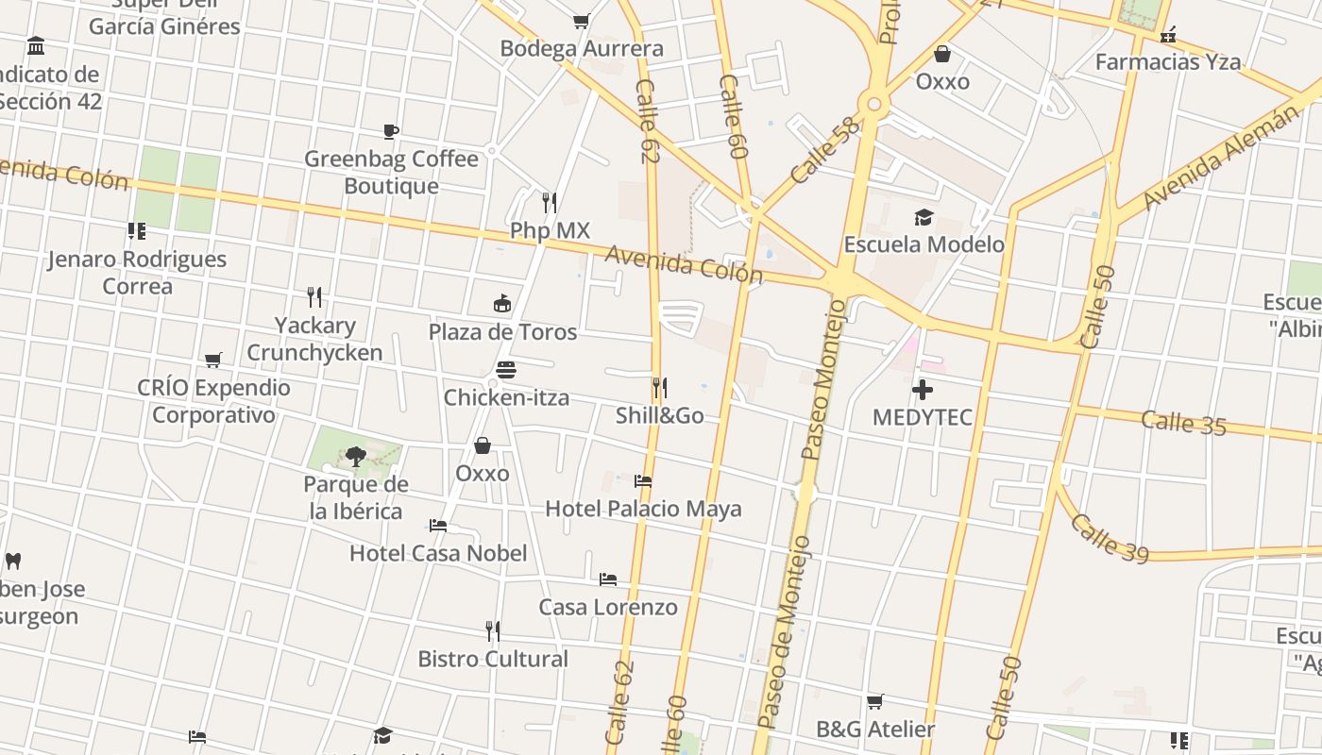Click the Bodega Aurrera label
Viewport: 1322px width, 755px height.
click(x=582, y=48)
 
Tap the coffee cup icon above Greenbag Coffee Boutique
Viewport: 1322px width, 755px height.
click(x=391, y=131)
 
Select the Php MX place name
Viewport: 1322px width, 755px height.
click(x=550, y=231)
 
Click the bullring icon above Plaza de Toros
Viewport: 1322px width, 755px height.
click(x=502, y=304)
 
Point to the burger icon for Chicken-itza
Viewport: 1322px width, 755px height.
click(x=506, y=370)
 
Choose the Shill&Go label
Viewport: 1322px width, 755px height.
click(x=659, y=415)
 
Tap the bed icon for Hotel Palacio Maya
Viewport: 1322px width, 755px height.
click(x=643, y=481)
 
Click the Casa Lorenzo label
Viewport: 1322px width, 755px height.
click(x=608, y=607)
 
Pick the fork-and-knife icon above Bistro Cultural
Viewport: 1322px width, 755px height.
click(x=493, y=630)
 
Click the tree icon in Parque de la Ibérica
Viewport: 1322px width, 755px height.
click(x=355, y=457)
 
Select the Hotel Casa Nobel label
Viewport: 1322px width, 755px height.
click(x=438, y=553)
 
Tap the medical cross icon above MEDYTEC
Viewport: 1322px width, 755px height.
click(x=923, y=389)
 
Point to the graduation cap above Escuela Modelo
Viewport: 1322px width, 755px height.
click(x=924, y=217)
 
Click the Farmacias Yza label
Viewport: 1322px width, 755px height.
click(x=1168, y=62)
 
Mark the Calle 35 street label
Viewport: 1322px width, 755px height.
click(x=1183, y=423)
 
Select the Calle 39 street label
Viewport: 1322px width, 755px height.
click(x=1110, y=539)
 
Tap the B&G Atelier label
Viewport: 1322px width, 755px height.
click(x=875, y=730)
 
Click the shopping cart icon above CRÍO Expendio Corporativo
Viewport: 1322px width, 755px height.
click(x=213, y=360)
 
